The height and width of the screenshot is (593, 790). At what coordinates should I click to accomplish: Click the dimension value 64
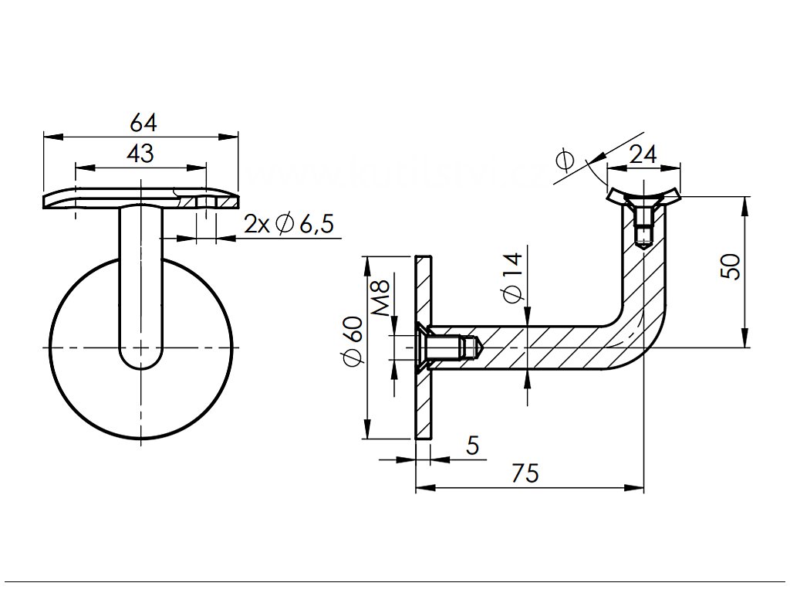click(143, 123)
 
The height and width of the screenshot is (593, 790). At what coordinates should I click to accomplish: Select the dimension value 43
click(140, 154)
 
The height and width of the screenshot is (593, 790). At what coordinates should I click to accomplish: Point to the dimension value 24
click(643, 154)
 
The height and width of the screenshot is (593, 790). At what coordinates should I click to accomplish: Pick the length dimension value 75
click(525, 473)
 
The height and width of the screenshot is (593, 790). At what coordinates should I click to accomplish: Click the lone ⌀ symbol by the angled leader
click(565, 161)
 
